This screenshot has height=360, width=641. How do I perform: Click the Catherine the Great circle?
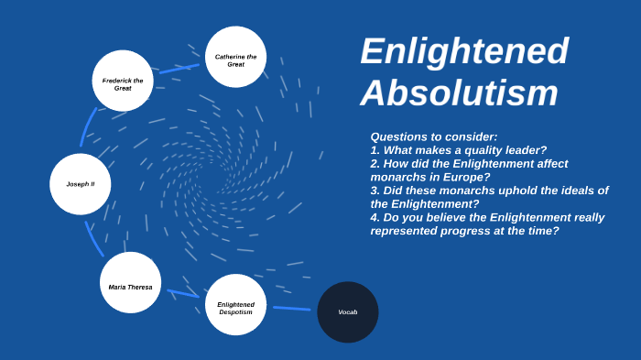tap(235, 57)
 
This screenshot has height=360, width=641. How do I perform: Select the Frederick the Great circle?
tap(123, 81)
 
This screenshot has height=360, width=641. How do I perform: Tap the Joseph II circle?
tap(81, 183)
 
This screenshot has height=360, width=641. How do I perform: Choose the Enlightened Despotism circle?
tap(235, 305)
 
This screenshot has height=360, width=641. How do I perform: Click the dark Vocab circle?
tap(348, 312)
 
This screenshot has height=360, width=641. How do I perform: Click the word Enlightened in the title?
tap(464, 51)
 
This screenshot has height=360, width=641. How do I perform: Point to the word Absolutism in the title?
tap(459, 93)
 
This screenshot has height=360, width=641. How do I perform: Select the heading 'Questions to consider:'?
tap(434, 136)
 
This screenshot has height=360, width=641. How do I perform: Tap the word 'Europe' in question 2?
tap(462, 177)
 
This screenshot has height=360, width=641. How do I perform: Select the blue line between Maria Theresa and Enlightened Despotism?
tap(182, 293)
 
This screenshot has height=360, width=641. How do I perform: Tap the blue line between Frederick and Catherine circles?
tap(179, 67)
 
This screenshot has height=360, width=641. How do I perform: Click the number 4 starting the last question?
tap(375, 217)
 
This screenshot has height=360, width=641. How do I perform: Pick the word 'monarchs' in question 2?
tap(397, 177)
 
